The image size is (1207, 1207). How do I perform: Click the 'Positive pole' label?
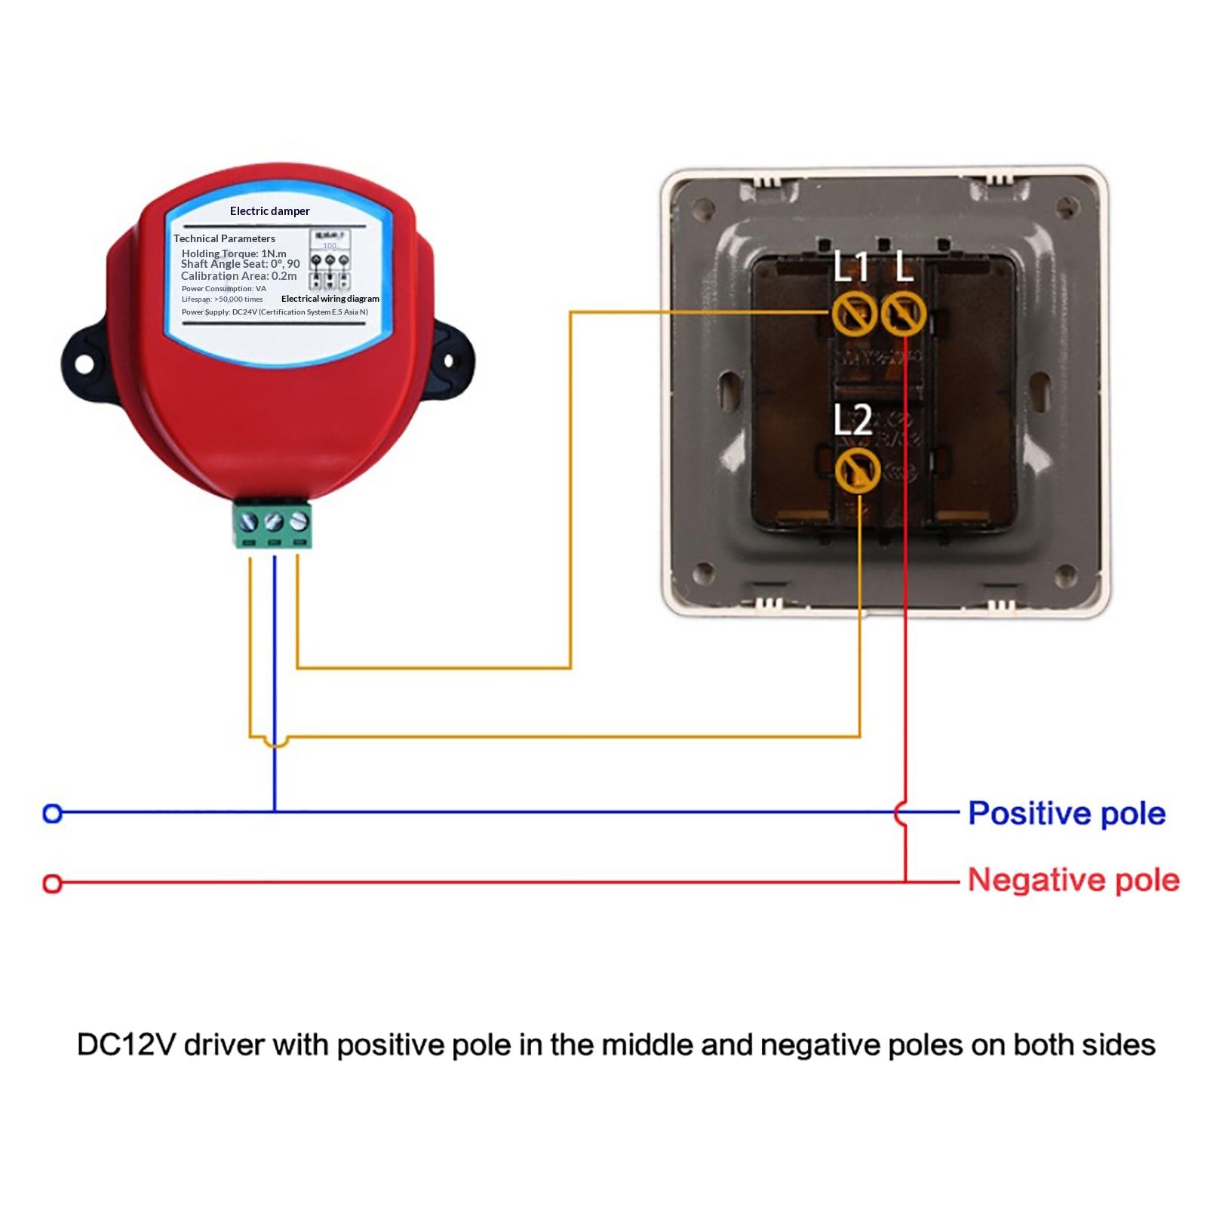(x=1066, y=813)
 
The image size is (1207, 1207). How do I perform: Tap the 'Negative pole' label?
(x=1073, y=880)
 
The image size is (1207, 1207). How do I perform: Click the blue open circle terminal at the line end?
(x=52, y=813)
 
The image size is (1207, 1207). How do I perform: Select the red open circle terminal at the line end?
(x=52, y=883)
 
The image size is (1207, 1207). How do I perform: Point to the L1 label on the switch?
(x=851, y=267)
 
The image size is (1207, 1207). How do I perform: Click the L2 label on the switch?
(x=852, y=420)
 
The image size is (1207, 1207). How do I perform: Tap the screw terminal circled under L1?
(x=854, y=313)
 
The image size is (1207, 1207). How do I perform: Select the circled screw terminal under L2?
(x=858, y=471)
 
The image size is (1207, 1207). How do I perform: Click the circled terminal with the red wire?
(x=903, y=313)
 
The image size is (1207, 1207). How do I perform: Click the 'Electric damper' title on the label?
(x=269, y=211)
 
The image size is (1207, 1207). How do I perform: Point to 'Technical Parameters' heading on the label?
(x=224, y=238)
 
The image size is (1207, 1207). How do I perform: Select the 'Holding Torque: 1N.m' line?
(x=234, y=253)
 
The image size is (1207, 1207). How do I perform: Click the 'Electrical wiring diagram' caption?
(x=330, y=299)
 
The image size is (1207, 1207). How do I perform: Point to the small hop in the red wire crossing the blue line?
(x=900, y=813)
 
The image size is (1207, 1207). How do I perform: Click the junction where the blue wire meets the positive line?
(x=275, y=812)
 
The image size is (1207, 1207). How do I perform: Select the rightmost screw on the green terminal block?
(x=299, y=520)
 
